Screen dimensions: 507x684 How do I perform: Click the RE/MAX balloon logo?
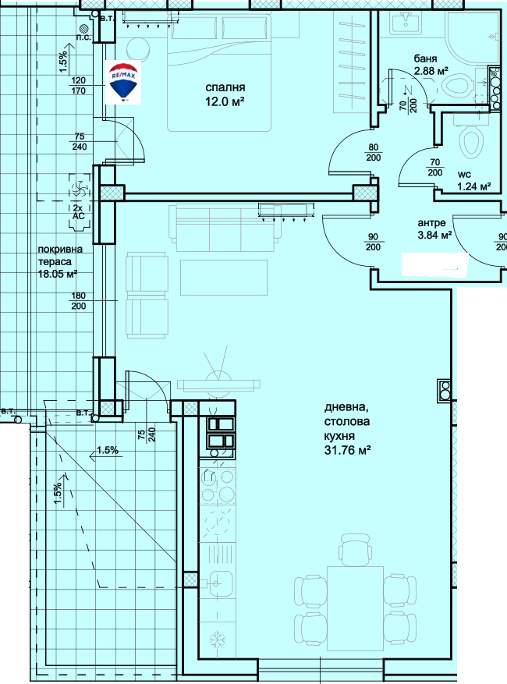tap(123, 82)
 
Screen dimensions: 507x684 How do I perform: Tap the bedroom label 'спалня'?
tap(225, 87)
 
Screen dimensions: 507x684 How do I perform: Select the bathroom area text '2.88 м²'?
tap(431, 71)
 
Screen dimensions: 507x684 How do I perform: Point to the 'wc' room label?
tap(464, 175)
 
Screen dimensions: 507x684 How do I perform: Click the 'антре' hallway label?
tap(432, 223)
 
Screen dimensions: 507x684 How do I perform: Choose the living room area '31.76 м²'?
tap(347, 450)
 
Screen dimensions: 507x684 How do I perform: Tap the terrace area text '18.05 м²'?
tap(58, 274)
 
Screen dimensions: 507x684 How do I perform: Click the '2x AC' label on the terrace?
tap(79, 212)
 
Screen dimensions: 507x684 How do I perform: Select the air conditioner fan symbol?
tap(80, 190)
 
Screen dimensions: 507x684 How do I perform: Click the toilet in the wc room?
tap(471, 140)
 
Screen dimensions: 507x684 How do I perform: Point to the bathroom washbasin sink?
tap(406, 22)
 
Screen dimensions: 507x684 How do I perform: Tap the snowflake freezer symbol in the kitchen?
tap(217, 640)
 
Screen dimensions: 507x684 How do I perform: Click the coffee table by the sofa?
tap(224, 278)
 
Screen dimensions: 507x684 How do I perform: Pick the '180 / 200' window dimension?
tap(79, 301)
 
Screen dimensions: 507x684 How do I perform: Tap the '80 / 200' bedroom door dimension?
tap(374, 153)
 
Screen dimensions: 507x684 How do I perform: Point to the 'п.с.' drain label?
tap(83, 37)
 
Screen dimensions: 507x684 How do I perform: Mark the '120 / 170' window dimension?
tap(79, 86)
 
